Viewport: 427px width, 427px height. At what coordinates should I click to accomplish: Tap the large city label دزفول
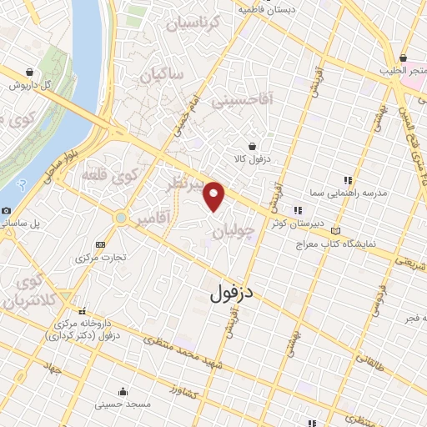coord(230,293)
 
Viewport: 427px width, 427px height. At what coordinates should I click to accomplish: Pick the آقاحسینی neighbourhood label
coord(249,103)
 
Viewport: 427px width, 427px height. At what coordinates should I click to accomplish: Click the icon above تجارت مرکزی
coord(101,244)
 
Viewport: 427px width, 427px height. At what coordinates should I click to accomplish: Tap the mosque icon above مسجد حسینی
coord(123,390)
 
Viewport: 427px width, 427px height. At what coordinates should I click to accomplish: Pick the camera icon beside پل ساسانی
coord(7,211)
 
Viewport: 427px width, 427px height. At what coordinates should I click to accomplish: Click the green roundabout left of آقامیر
coord(122,218)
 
